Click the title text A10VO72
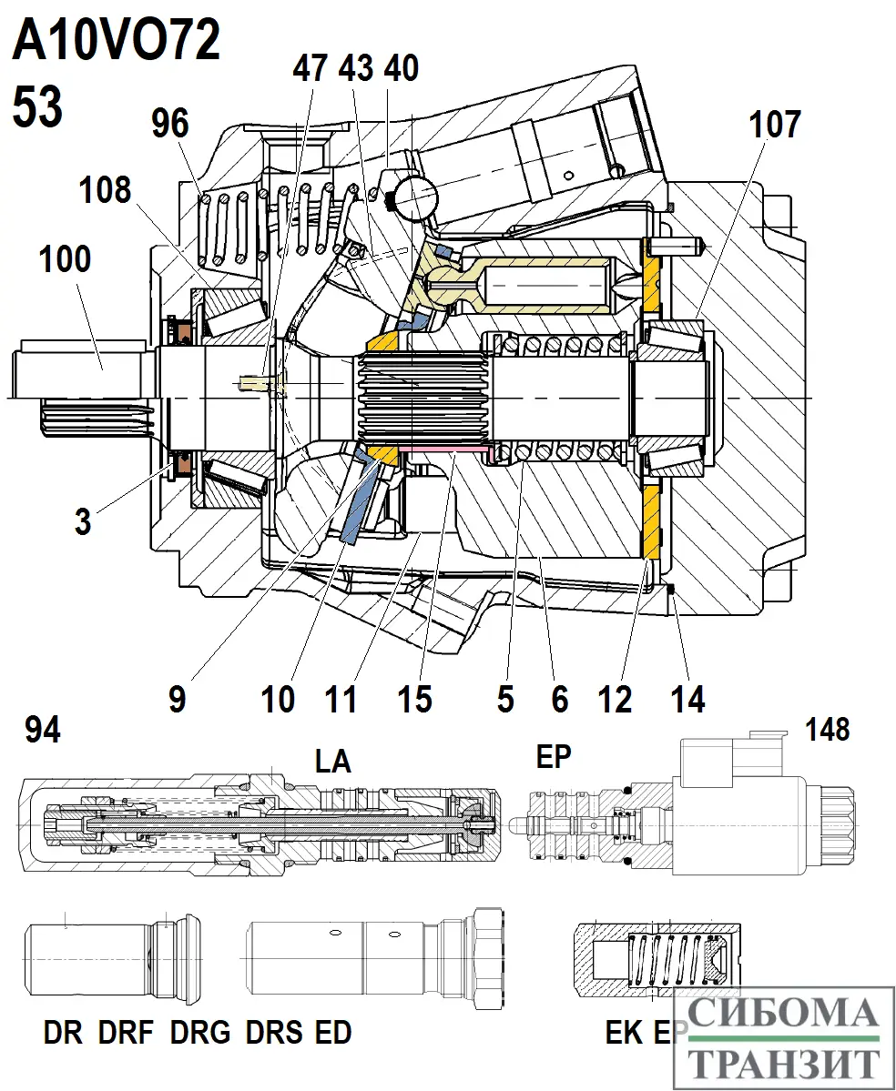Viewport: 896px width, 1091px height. pos(116,42)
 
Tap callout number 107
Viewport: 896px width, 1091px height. pos(774,125)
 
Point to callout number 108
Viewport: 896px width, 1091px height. pos(105,191)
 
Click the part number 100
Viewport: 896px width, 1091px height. pos(65,259)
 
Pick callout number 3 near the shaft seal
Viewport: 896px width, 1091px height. pos(83,523)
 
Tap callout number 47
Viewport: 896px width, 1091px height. pos(310,68)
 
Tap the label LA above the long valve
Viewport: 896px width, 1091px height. pos(332,761)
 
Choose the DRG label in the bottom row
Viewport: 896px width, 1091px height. pos(200,1034)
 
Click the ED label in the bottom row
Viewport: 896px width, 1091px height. pos(332,1034)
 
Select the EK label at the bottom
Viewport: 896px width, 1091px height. pos(624,1034)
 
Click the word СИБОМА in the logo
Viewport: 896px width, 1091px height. pos(783,1013)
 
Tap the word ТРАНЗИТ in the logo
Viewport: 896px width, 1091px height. pos(783,1062)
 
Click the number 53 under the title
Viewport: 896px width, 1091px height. pos(37,106)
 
